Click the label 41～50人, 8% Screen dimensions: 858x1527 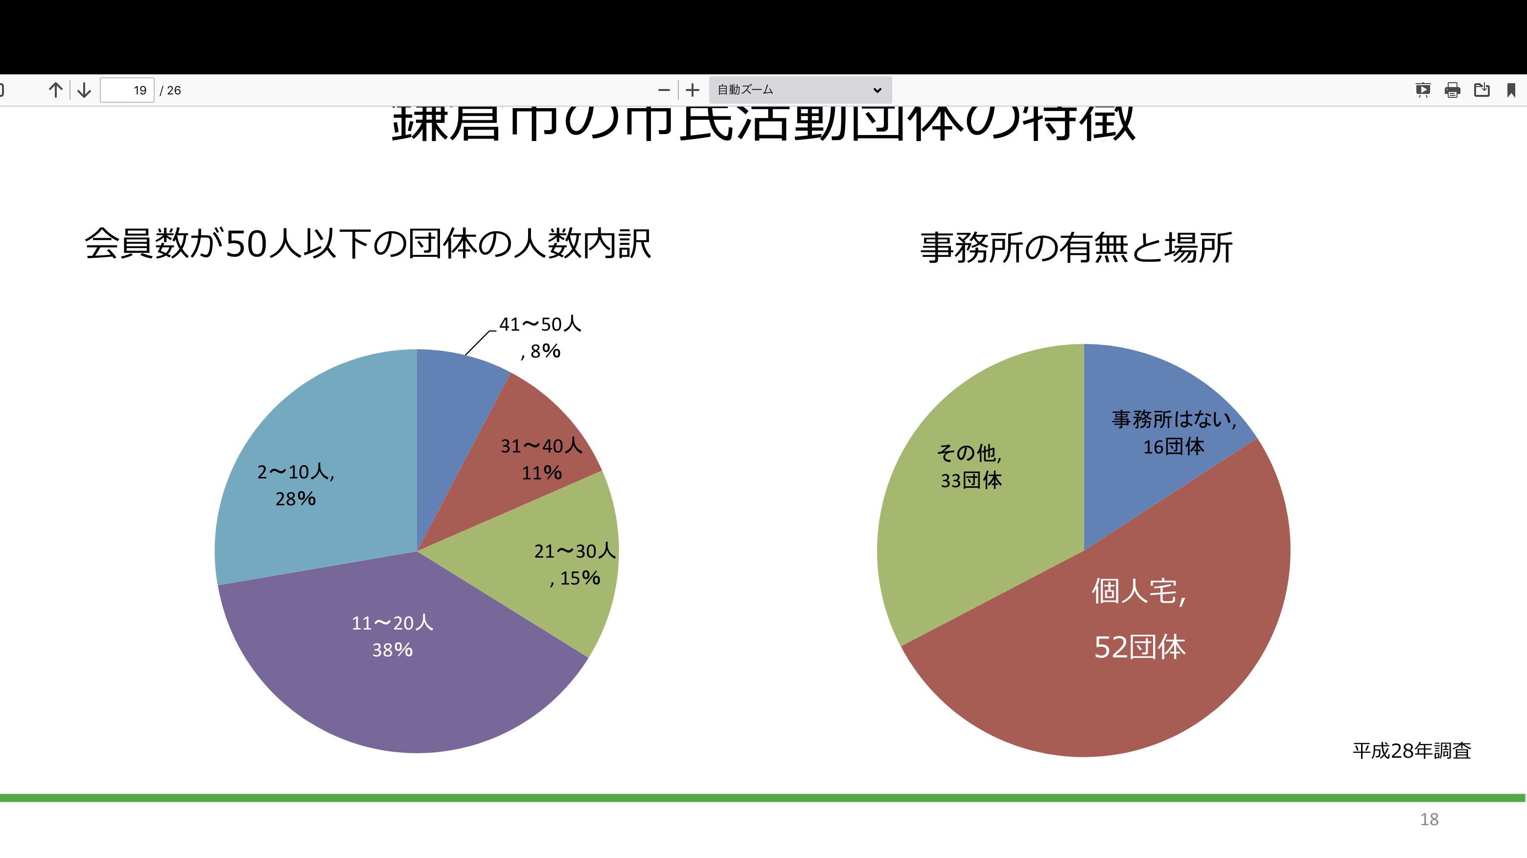pos(539,337)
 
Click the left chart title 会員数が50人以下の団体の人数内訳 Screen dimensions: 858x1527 pos(368,244)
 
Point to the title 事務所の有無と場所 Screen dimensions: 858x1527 pos(1076,247)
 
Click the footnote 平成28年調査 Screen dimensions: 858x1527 pos(1411,751)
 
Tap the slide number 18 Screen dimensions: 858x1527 pos(1429,819)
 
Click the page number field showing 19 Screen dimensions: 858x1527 pos(127,90)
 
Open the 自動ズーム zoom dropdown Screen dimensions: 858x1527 pos(800,90)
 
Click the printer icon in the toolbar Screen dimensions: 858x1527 pos(1452,90)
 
